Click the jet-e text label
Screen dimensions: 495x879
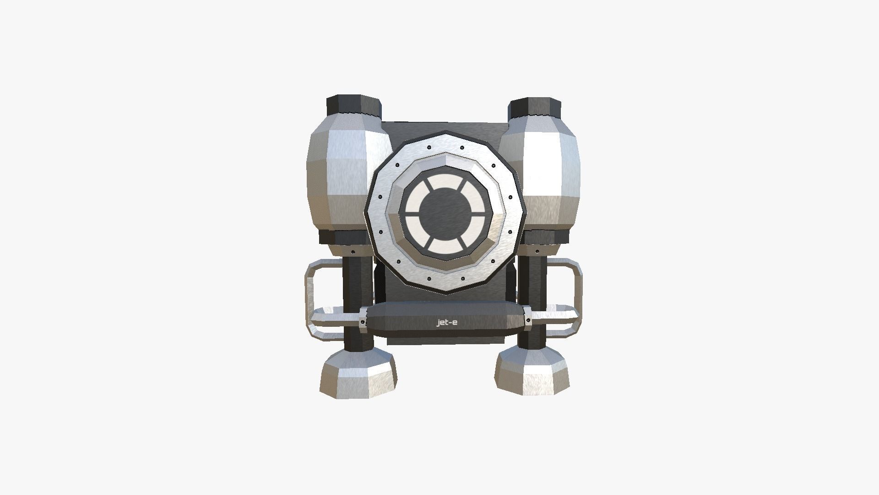447,323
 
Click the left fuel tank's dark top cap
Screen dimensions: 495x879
353,106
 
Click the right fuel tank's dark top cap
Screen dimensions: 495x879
535,106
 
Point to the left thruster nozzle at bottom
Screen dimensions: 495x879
358,373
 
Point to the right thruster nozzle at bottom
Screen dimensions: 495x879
533,371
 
